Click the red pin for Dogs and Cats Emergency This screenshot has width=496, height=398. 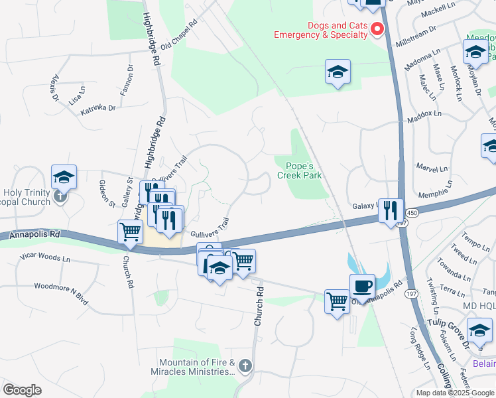tap(378, 29)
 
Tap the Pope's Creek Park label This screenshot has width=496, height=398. tap(303, 170)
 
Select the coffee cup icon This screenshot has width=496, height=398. tap(362, 286)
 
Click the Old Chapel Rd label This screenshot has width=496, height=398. tap(180, 34)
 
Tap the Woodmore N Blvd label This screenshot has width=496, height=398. tap(61, 293)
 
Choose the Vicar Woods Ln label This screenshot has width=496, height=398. tap(45, 257)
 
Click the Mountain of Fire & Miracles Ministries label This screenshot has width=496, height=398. tap(198, 367)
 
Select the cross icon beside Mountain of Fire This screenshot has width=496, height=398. tap(245, 365)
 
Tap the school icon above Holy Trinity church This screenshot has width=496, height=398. tap(64, 177)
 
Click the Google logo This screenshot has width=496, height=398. tap(22, 390)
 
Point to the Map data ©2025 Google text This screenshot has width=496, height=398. tap(454, 393)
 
